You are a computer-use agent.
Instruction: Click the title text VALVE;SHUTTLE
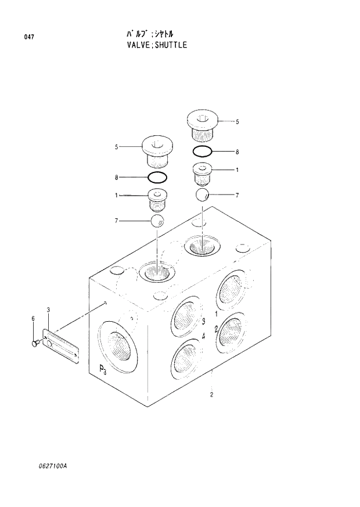(x=152, y=45)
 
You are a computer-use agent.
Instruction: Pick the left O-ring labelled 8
(x=157, y=177)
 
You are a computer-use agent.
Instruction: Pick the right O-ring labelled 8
(x=202, y=152)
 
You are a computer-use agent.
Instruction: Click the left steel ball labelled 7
(x=157, y=220)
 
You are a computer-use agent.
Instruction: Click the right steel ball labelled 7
(x=202, y=195)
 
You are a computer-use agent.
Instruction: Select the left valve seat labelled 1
(x=157, y=199)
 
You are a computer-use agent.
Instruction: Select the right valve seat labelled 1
(x=203, y=173)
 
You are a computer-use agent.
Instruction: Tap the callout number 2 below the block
(x=212, y=395)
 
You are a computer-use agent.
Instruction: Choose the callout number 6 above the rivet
(x=33, y=318)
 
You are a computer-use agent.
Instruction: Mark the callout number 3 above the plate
(x=48, y=311)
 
